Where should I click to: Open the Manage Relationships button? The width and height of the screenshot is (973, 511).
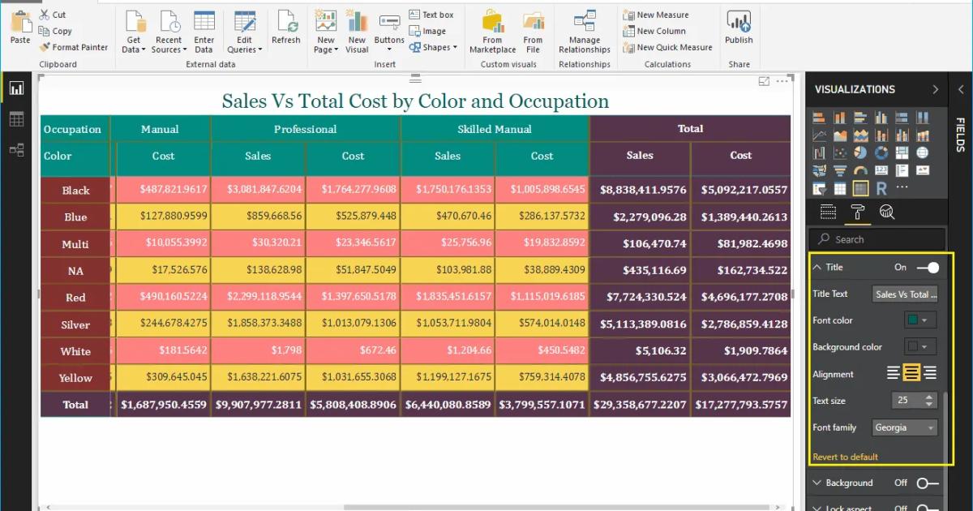click(x=584, y=33)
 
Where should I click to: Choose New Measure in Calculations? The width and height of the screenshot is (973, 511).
click(x=656, y=15)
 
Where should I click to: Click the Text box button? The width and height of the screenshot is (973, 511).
click(x=431, y=15)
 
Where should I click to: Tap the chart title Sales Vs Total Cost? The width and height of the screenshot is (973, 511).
click(x=415, y=101)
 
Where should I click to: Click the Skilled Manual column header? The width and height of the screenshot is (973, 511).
click(x=495, y=129)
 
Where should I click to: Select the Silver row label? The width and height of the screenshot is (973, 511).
click(x=75, y=324)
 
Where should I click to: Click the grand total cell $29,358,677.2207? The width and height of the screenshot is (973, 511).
click(x=640, y=404)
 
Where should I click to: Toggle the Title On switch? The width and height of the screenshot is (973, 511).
click(x=928, y=267)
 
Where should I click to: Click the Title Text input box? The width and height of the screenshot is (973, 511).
click(x=905, y=294)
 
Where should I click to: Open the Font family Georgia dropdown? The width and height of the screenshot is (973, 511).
click(x=904, y=427)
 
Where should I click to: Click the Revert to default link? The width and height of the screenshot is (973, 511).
click(x=845, y=457)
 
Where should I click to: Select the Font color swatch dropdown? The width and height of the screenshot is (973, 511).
click(x=919, y=320)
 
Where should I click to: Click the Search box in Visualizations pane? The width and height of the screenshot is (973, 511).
click(x=880, y=239)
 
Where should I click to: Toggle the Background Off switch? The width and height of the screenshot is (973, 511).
click(x=927, y=483)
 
